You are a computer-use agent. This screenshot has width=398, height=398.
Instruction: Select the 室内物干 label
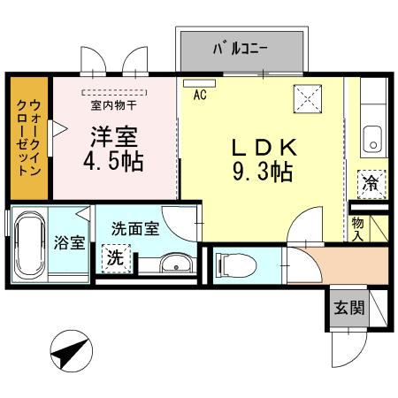[112, 104]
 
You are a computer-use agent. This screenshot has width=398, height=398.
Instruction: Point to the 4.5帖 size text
[113, 165]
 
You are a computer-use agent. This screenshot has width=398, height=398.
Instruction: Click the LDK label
[262, 146]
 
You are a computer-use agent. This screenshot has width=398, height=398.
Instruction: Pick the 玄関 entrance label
[347, 309]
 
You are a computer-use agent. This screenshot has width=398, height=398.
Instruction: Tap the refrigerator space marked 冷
[370, 185]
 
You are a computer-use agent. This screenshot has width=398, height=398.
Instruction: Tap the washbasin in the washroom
[176, 264]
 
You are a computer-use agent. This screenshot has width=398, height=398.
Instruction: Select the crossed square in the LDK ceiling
[307, 97]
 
